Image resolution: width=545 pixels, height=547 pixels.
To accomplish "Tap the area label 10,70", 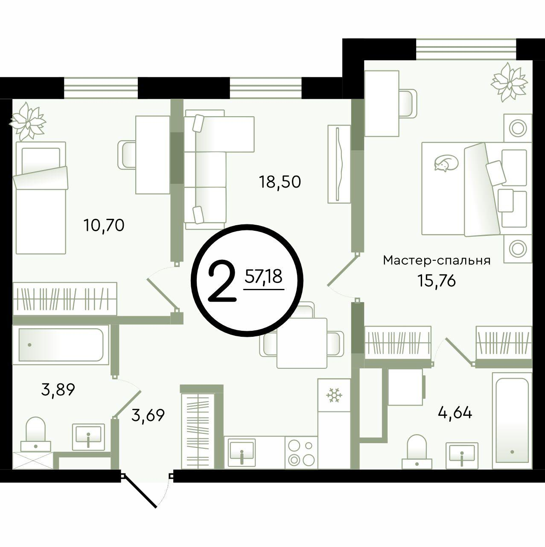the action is coord(104,226).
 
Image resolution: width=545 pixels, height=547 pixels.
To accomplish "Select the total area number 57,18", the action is coord(263,276).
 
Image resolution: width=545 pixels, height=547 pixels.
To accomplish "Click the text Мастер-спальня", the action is coord(437,261).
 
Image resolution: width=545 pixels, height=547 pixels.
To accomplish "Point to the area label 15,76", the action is coord(437,281).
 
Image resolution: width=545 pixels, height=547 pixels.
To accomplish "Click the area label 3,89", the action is coord(58,390).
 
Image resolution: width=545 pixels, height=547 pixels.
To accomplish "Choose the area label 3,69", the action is coord(148,415).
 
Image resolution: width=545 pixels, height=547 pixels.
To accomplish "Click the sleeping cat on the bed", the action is coord(446,163).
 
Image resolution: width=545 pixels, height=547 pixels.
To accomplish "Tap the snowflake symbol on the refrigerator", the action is coord(334,395).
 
